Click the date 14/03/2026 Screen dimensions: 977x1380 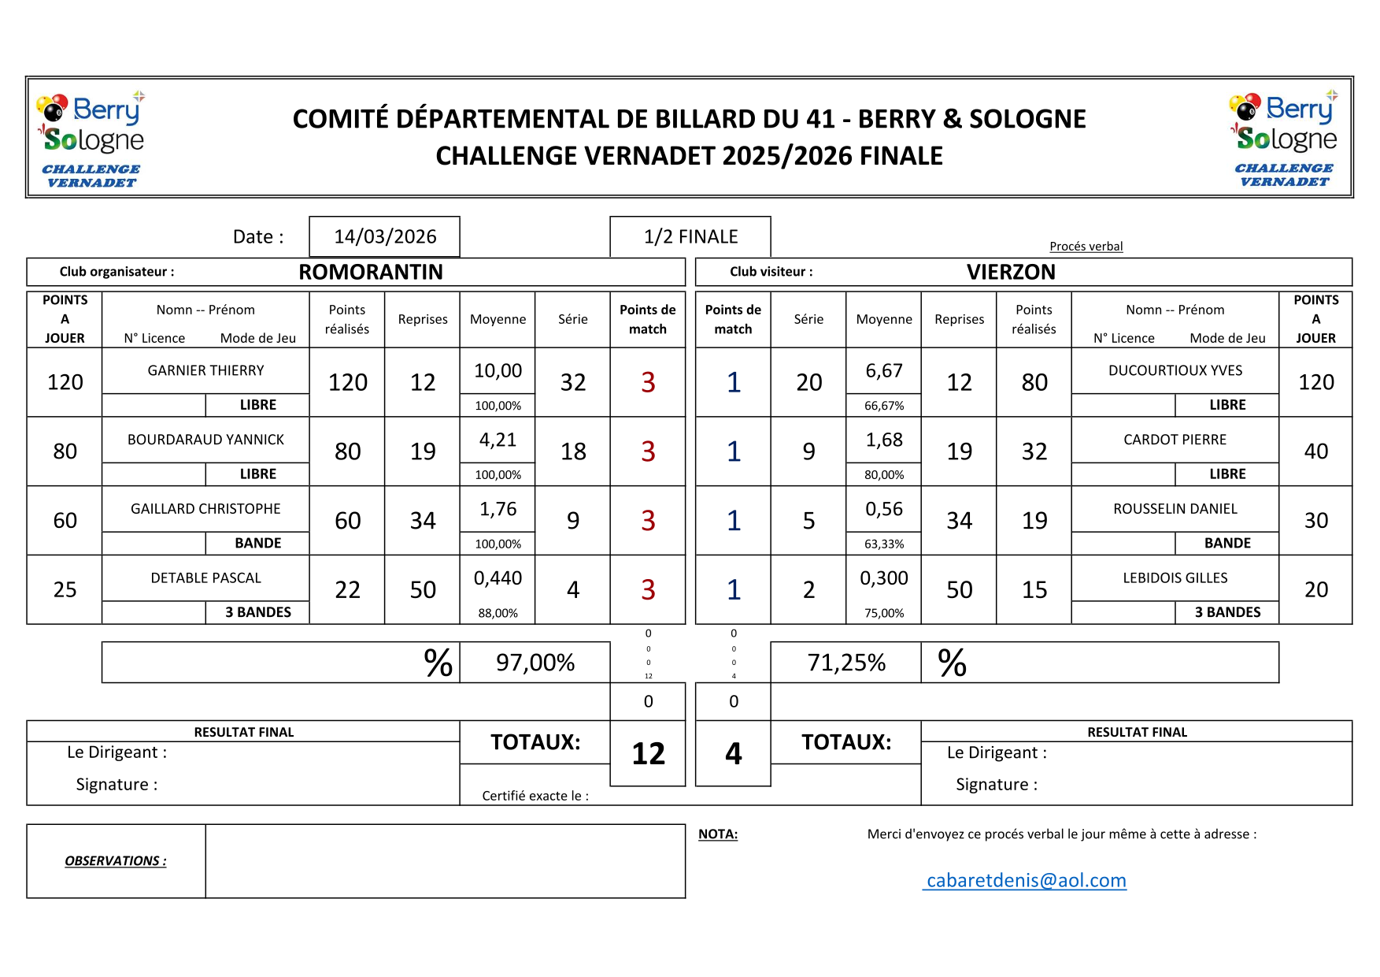385,236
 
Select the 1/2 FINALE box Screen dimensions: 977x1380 690,236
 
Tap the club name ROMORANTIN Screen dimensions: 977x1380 371,272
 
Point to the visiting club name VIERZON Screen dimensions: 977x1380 1011,272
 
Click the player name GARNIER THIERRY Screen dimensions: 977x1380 205,370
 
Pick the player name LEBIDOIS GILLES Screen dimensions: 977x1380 1175,578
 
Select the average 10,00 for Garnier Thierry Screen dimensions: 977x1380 498,370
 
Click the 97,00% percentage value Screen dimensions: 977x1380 535,663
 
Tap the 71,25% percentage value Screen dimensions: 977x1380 846,663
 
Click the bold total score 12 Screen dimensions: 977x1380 648,754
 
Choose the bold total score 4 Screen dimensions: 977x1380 733,754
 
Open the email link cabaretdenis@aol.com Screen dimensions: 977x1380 1026,880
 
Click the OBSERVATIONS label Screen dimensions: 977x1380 116,861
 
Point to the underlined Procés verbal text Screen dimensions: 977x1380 1086,247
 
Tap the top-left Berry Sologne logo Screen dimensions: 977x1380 91,138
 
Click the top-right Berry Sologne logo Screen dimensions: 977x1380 1283,138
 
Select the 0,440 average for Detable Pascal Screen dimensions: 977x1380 498,578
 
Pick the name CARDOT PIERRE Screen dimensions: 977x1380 1175,440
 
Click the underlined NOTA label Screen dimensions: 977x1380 718,834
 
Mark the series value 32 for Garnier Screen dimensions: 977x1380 572,382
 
